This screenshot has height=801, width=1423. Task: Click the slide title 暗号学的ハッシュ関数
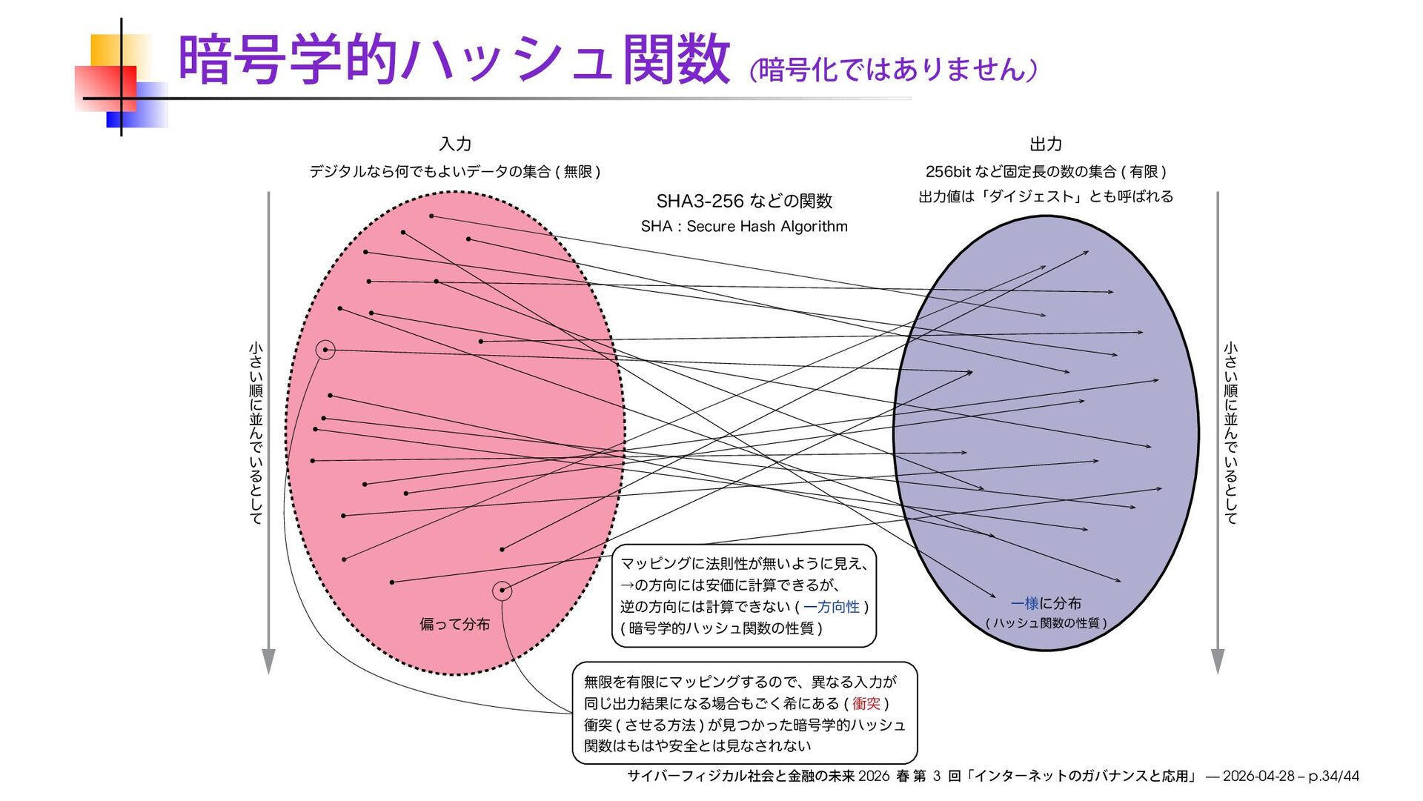click(454, 59)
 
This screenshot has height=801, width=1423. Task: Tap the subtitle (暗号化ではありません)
click(893, 70)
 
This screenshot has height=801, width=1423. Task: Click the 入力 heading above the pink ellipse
click(455, 144)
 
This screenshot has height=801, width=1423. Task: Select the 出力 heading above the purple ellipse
click(1046, 144)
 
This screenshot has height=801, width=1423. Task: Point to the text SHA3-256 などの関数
click(744, 201)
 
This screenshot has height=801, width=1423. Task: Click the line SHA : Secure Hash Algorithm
click(744, 226)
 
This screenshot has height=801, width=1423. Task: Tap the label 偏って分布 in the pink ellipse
click(454, 624)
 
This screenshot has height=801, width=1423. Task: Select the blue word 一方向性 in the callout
click(832, 607)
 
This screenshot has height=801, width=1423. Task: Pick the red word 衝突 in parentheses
click(866, 703)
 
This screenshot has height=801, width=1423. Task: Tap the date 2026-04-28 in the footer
click(1258, 776)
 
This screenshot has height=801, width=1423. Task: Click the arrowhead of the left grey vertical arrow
click(268, 661)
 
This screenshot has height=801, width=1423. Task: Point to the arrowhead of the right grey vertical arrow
click(1217, 661)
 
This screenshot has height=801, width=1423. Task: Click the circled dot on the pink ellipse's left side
click(325, 350)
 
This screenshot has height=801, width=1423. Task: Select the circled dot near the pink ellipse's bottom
click(502, 591)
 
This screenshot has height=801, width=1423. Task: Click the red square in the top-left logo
click(106, 87)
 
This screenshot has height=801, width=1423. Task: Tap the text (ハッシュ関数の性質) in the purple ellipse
click(1046, 623)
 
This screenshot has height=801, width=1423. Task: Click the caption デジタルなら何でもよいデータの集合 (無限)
click(454, 172)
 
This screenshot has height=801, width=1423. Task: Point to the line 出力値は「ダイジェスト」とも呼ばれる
click(1046, 196)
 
